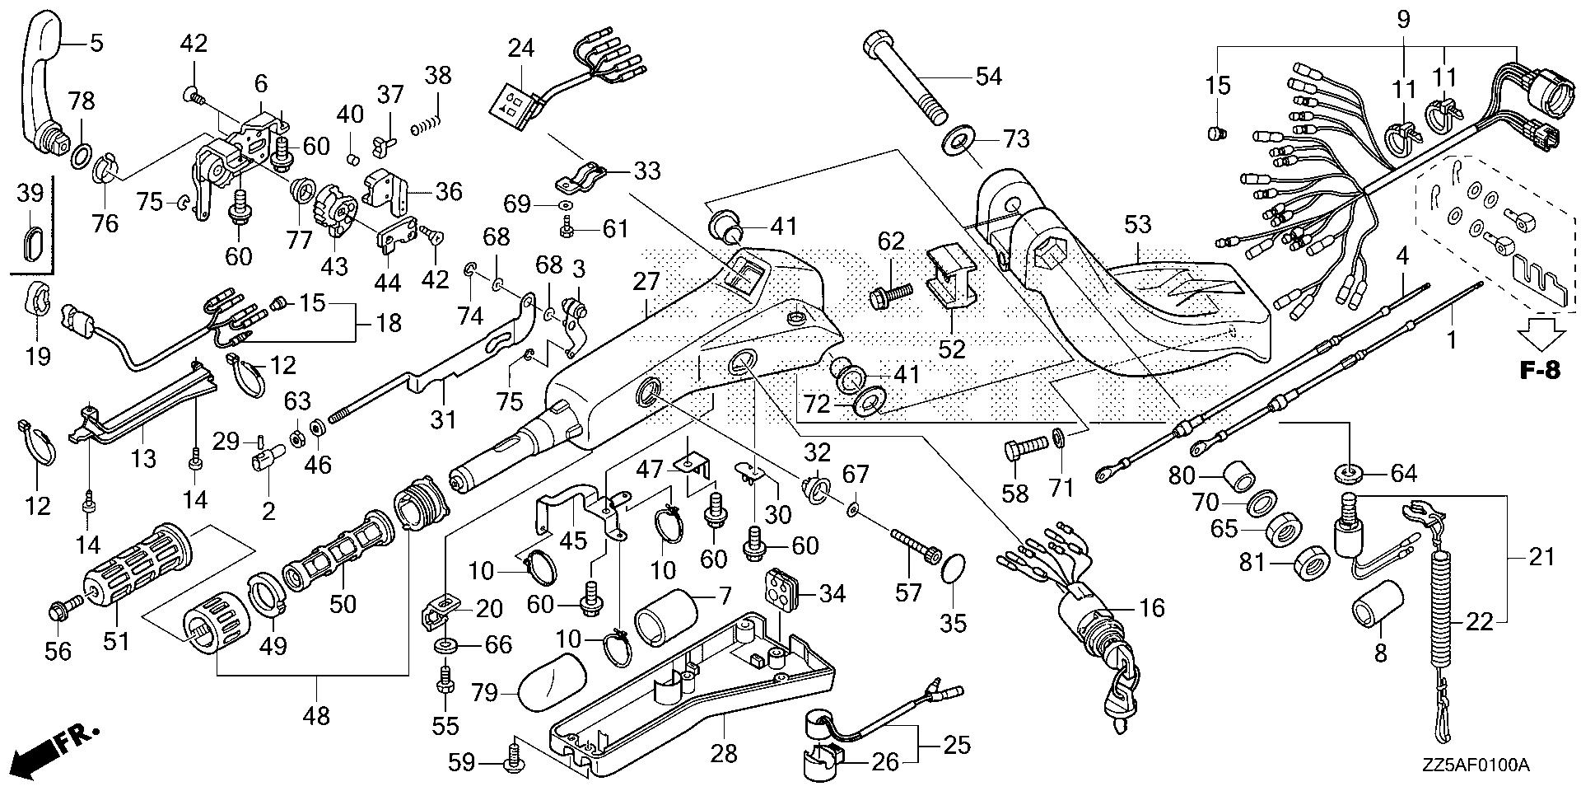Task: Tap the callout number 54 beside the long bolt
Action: (x=988, y=77)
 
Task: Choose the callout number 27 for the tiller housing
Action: (x=647, y=282)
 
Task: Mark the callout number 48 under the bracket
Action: (x=316, y=715)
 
